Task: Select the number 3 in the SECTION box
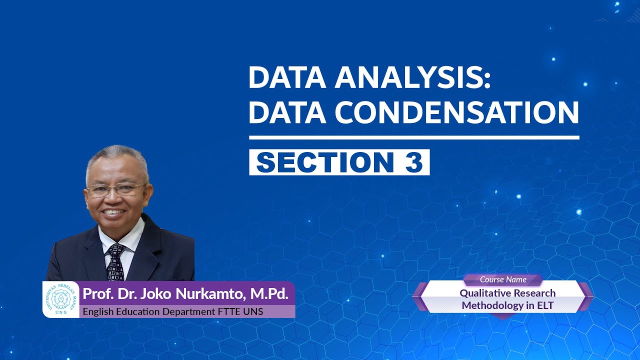click(413, 162)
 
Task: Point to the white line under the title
click(414, 137)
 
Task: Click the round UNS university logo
click(60, 299)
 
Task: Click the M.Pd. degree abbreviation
click(269, 294)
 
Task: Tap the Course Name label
click(503, 279)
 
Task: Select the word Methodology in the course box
click(493, 305)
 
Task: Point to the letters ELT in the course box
click(544, 305)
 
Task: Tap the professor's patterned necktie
click(116, 261)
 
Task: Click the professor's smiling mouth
click(115, 212)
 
